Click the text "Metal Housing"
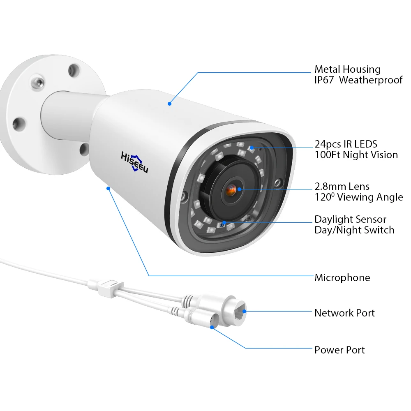[x=347, y=69]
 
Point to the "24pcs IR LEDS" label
[x=346, y=144]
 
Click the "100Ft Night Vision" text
[x=356, y=155]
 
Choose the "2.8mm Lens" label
[x=342, y=187]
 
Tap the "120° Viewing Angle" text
[x=358, y=197]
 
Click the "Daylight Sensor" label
[x=350, y=219]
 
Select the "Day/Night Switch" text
[x=354, y=230]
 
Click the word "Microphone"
[x=342, y=278]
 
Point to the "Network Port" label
[x=344, y=313]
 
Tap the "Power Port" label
[x=339, y=350]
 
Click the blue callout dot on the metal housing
[x=169, y=104]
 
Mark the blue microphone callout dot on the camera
[x=108, y=188]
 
